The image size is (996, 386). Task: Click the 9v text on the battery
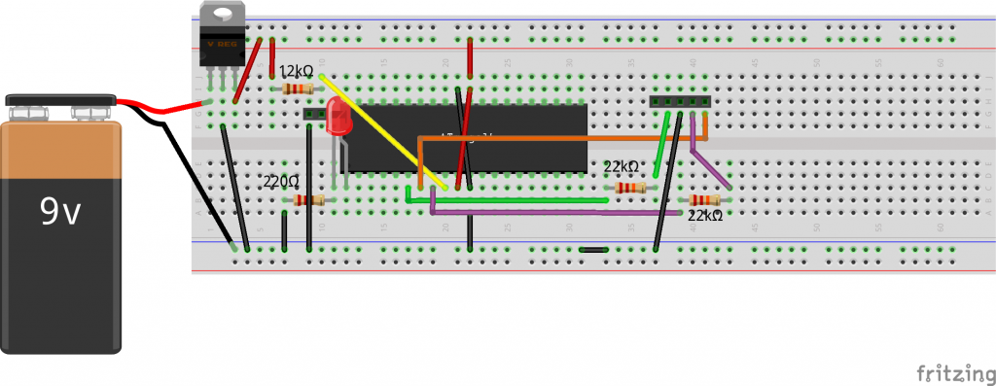click(60, 213)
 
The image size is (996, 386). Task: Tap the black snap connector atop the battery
click(60, 100)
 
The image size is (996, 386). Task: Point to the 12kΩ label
click(296, 72)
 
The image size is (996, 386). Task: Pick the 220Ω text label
click(282, 182)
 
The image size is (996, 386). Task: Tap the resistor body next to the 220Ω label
click(308, 200)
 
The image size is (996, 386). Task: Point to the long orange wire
click(564, 139)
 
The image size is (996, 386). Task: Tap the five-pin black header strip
click(679, 100)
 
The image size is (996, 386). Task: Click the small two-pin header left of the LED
click(314, 114)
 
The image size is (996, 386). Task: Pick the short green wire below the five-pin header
click(661, 146)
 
